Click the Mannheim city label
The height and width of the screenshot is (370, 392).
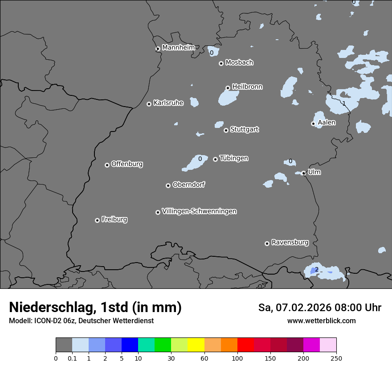[179, 48]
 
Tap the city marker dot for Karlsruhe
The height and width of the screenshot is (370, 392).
[149, 104]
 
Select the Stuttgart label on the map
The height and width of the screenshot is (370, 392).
[244, 129]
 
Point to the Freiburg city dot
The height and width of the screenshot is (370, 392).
[97, 220]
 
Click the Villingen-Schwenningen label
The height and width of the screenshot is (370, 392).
[199, 211]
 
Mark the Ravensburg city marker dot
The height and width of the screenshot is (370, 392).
[267, 243]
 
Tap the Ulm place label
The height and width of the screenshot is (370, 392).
[314, 172]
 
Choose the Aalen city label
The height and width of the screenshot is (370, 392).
[327, 123]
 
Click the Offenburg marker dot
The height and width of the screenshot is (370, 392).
[107, 165]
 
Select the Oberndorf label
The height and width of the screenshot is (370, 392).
[188, 185]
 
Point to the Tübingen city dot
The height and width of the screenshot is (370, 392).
[215, 159]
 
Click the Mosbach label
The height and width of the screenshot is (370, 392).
[239, 63]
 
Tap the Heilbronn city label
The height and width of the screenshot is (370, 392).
[247, 87]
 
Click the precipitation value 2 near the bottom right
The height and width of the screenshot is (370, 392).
[317, 270]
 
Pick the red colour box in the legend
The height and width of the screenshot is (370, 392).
[245, 345]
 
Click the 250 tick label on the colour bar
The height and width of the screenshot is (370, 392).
[336, 358]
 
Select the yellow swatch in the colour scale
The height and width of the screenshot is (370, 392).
[196, 345]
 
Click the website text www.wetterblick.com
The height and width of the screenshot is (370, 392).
[321, 321]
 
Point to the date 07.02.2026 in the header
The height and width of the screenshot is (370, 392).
[306, 308]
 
